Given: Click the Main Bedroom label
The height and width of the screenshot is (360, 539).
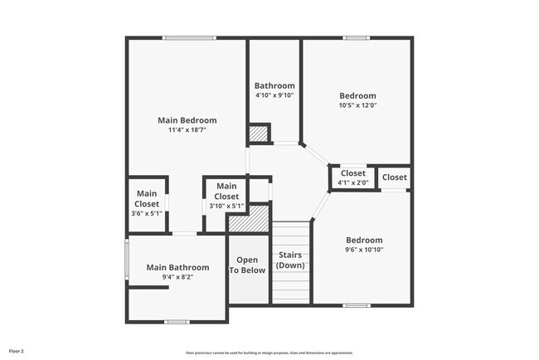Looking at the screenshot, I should (x=187, y=120).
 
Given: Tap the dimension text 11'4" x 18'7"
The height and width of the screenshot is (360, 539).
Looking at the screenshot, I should (x=187, y=130).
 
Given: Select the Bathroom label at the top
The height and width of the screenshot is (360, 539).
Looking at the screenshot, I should (x=274, y=85).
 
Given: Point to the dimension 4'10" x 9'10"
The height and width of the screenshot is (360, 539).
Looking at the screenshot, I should (x=274, y=95).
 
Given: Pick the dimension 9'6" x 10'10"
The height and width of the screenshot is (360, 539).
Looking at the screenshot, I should (x=364, y=250).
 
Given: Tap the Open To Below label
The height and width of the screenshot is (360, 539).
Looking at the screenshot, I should (x=247, y=265).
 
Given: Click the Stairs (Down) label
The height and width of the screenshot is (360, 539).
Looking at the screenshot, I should (x=290, y=260).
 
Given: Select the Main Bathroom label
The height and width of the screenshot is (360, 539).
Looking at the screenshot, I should (x=177, y=267).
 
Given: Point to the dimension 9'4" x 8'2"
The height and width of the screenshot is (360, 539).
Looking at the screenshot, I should (x=177, y=277).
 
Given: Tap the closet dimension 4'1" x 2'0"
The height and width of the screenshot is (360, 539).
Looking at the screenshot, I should (x=353, y=182).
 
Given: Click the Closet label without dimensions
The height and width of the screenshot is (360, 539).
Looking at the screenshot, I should (x=395, y=178).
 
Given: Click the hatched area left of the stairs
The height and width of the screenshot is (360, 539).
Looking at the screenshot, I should (x=250, y=220).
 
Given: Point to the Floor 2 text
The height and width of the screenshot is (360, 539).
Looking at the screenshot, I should (x=17, y=352).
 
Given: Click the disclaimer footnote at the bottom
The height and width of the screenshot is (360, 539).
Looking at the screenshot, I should (x=269, y=353).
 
